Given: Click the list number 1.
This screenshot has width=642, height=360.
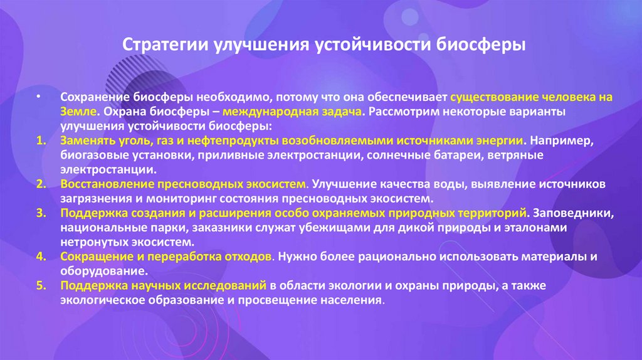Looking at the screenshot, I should click(41, 140).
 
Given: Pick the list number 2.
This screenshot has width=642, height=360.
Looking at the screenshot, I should click(41, 185).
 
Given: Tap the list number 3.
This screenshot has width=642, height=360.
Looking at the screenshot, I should click(41, 213).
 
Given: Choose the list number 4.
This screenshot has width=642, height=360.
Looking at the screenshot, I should click(41, 257).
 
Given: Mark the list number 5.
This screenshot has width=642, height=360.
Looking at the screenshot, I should click(41, 285).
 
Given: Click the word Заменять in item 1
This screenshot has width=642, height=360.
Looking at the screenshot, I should click(86, 140).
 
